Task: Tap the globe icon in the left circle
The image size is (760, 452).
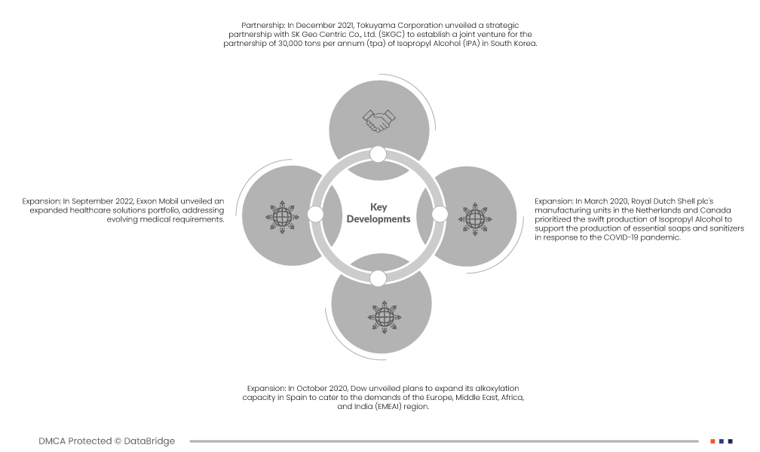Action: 282,217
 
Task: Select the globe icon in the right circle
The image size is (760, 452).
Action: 475,219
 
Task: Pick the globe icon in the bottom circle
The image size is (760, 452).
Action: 385,317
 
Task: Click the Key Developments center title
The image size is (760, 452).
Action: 378,213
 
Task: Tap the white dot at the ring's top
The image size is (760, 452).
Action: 378,154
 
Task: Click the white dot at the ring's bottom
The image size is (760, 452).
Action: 378,279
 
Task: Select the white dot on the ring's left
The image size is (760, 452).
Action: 315,214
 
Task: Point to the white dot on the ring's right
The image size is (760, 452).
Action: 440,214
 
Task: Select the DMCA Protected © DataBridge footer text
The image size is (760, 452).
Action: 106,441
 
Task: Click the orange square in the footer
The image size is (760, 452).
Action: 713,441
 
